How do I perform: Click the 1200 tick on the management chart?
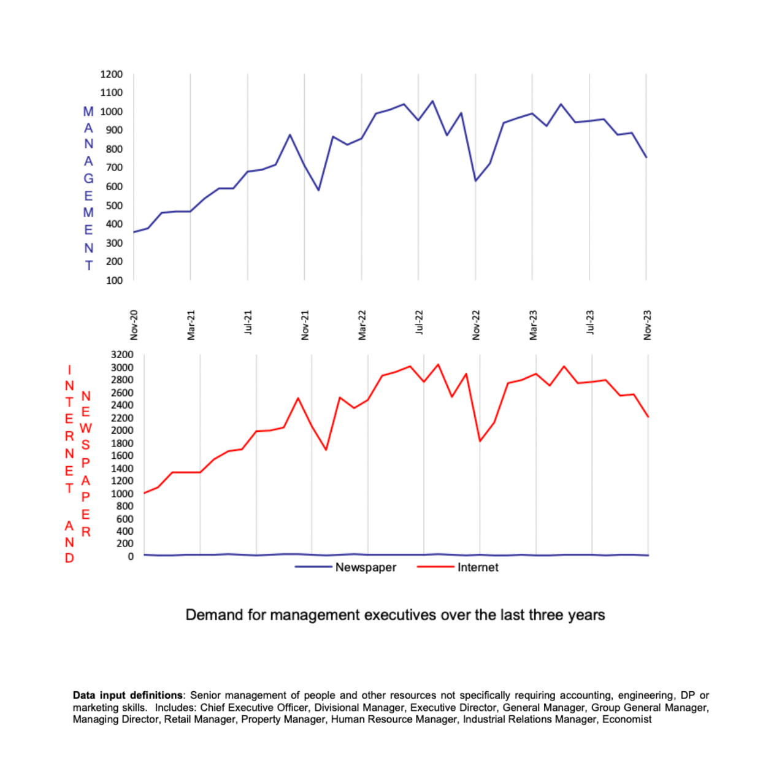pos(111,74)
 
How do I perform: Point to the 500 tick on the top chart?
pos(113,205)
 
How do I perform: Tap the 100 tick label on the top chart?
pos(113,280)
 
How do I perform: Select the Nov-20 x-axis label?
pos(134,324)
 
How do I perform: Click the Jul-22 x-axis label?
pos(420,322)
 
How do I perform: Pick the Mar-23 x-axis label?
pos(534,324)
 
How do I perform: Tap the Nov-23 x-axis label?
pos(648,324)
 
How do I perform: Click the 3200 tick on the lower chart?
pos(121,355)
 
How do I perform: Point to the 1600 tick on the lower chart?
pos(121,456)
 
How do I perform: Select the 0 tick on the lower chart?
pos(131,556)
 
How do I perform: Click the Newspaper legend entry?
pos(366,567)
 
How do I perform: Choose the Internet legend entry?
pos(477,567)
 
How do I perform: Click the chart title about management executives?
pos(395,615)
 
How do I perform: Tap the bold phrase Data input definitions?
pos(128,696)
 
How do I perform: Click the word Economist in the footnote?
pos(627,719)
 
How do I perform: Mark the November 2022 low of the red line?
pos(480,441)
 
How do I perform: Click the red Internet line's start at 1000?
pos(144,493)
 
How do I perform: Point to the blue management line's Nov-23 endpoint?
pos(646,158)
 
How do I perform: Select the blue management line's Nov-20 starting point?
pos(134,232)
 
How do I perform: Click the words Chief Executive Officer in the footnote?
pos(254,708)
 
